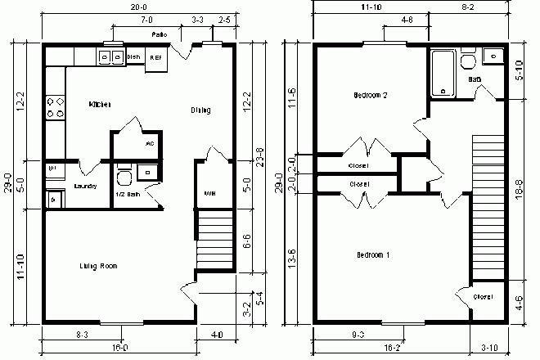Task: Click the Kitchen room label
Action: pyautogui.click(x=101, y=105)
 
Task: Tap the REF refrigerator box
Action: pyautogui.click(x=155, y=59)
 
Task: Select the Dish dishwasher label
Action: pyautogui.click(x=134, y=57)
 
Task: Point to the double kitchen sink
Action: pyautogui.click(x=108, y=57)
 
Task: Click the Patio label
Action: pyautogui.click(x=160, y=35)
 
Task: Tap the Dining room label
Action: pyautogui.click(x=200, y=110)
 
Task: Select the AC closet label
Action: pyautogui.click(x=150, y=143)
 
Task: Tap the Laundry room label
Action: pyautogui.click(x=85, y=186)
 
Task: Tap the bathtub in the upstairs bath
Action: pyautogui.click(x=442, y=74)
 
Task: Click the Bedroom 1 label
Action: pyautogui.click(x=372, y=255)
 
